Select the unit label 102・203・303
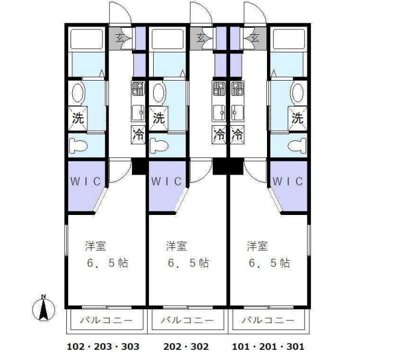(x=102, y=347)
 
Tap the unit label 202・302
(x=186, y=347)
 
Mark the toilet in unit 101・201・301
(x=297, y=145)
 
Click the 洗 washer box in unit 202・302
(x=159, y=117)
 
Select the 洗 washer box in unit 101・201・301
(x=297, y=118)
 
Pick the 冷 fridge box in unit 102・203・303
(x=138, y=134)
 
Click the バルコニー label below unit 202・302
(x=186, y=321)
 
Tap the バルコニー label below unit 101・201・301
(x=268, y=321)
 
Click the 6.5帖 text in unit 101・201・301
(x=269, y=263)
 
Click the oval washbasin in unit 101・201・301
(x=297, y=93)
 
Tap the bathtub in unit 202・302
(x=169, y=39)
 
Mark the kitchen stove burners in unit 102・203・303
(x=137, y=91)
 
